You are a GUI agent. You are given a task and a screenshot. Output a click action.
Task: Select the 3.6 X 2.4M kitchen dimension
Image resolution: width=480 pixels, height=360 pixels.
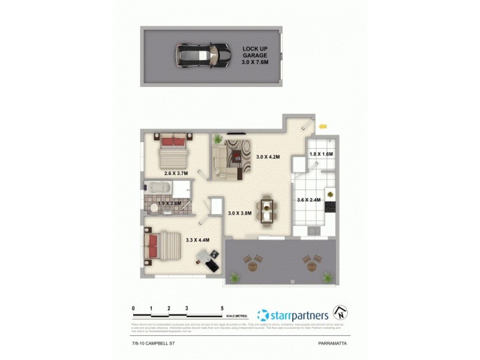pos(309,200)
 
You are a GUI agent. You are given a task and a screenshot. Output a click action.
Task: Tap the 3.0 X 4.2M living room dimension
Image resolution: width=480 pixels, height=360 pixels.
pos(267,157)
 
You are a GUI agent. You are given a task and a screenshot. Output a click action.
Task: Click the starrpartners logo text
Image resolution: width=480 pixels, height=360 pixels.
pos(299,314)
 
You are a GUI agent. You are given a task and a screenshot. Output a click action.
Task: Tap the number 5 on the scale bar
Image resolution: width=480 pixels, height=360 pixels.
pos(223,308)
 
